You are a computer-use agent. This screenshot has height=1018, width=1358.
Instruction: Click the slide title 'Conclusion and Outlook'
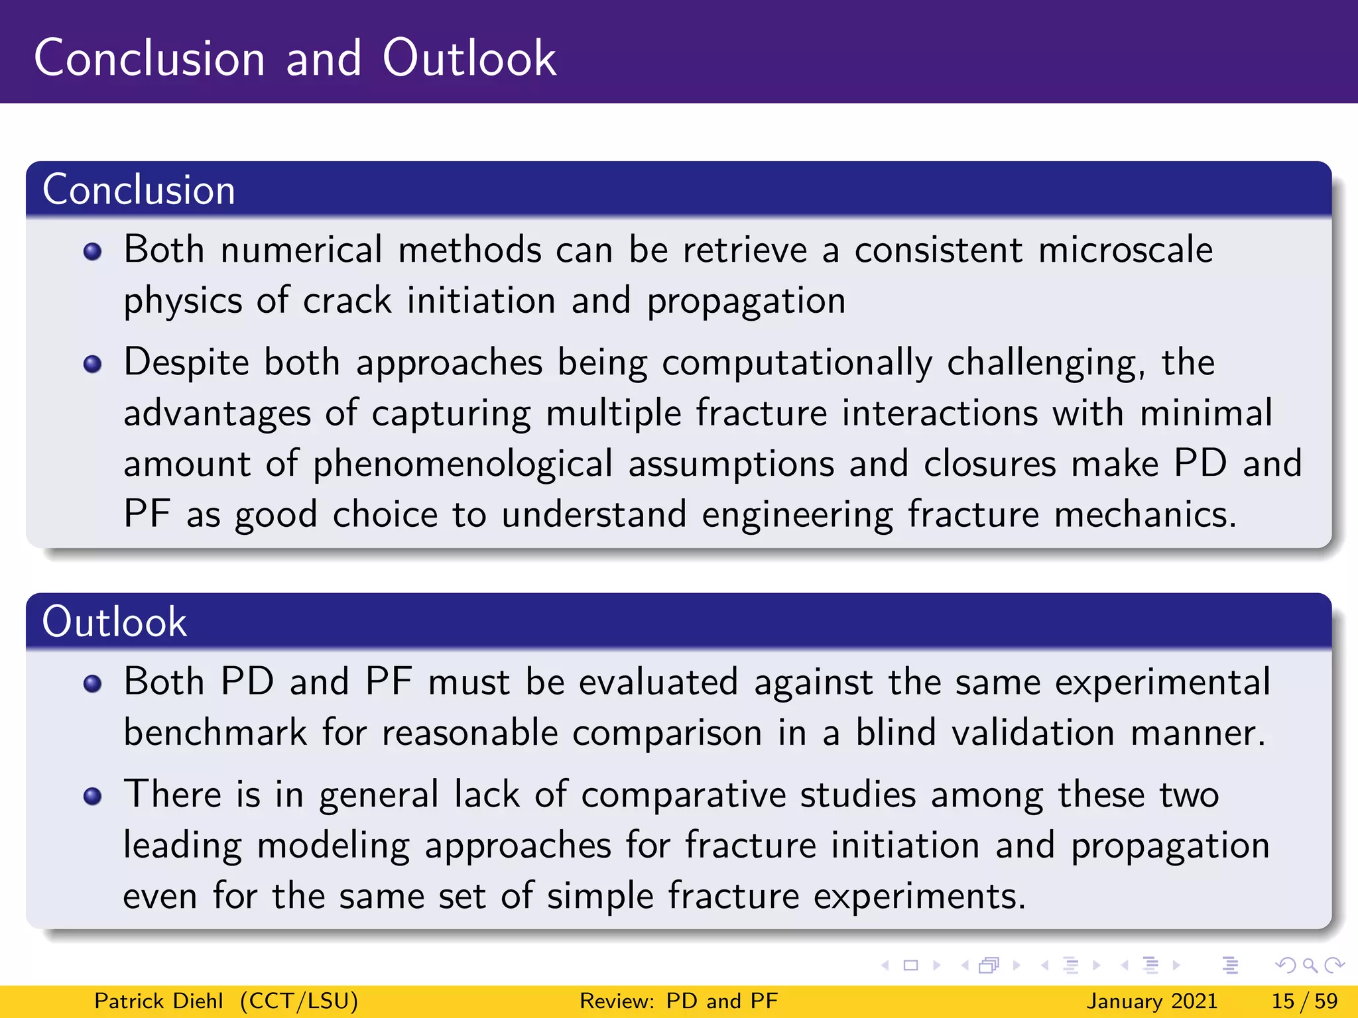295,58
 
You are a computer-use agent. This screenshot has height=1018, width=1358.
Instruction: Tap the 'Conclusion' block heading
139,190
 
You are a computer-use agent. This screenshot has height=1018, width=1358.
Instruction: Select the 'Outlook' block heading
114,622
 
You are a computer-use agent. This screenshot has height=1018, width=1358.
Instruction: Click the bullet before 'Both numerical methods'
93,252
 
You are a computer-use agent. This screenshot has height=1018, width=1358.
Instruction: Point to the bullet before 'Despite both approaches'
93,365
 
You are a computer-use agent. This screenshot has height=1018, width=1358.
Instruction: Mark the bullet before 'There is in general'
93,796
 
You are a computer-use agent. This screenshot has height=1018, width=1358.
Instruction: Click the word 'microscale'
1125,251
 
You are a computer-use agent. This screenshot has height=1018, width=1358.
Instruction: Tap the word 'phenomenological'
463,464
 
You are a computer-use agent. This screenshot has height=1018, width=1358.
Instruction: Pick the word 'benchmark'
216,733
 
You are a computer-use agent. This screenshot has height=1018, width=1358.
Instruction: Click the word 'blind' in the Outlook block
895,733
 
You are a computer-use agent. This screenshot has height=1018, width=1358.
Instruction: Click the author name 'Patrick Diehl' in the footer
158,1001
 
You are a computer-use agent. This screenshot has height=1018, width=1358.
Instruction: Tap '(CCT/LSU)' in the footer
299,1001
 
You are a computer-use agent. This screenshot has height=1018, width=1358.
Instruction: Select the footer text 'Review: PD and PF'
678,1001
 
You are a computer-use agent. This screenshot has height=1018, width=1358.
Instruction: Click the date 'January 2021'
1152,1001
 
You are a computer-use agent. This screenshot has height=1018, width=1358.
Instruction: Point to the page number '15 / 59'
1304,1001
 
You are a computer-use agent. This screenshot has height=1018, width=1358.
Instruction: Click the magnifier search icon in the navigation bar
1310,966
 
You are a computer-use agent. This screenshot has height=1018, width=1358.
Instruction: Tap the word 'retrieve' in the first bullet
745,251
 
